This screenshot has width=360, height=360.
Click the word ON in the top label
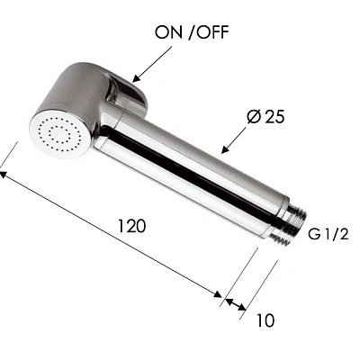point(168,32)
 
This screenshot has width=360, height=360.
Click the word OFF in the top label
point(213,32)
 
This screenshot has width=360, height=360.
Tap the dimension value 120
point(131,226)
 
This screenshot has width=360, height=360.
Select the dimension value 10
point(265,320)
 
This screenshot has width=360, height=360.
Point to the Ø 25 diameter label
point(265,116)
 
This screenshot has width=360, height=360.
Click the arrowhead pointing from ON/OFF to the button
point(136,78)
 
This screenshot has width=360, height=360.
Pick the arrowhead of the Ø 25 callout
point(225,149)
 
